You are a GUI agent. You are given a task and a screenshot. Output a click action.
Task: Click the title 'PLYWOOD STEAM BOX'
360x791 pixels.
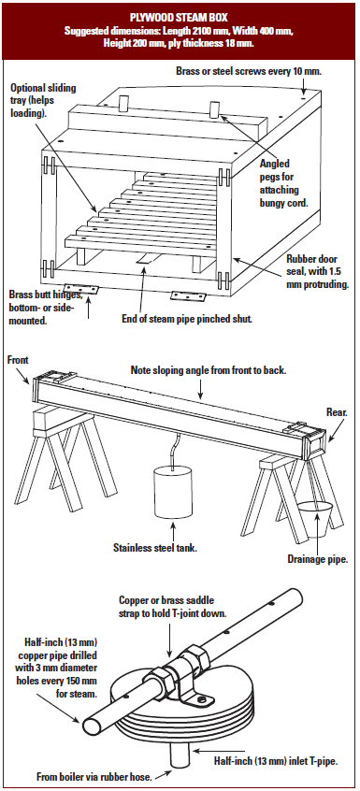[179, 18]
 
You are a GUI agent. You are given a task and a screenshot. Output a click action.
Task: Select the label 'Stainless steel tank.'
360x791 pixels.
[155, 546]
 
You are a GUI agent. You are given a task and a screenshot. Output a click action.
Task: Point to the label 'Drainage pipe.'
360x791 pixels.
[318, 558]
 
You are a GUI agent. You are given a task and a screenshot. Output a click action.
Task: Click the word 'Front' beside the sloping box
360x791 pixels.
[18, 359]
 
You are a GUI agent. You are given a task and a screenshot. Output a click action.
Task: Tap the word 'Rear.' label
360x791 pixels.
[336, 412]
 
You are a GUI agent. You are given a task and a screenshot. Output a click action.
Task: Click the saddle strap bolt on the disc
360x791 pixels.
[201, 698]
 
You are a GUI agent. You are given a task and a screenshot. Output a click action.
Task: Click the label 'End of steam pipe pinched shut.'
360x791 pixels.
[187, 320]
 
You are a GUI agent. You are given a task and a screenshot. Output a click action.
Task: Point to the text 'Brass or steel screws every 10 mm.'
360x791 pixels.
[249, 71]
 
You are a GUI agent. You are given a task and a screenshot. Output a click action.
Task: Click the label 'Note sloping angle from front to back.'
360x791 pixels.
[209, 370]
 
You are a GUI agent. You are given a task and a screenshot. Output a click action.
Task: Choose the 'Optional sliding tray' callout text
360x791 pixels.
[43, 100]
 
